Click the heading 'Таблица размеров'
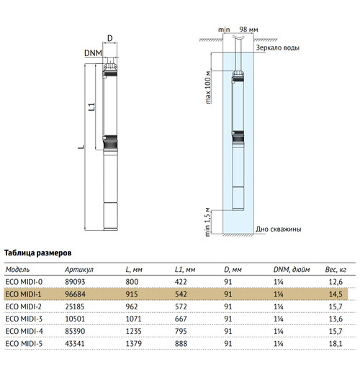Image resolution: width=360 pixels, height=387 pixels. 38,253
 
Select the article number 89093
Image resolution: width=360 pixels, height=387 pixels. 75,282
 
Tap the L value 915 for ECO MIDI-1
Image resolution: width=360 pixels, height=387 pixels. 132,294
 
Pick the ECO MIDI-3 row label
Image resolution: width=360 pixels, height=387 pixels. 24,319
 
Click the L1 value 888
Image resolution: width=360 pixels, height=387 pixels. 181,344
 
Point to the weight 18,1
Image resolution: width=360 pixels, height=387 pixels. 336,344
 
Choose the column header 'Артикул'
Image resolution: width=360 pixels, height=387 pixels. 79,270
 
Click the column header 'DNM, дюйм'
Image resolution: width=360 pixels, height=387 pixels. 292,270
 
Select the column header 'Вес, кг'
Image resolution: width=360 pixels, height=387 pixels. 336,270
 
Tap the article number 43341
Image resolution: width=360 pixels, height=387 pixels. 75,344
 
